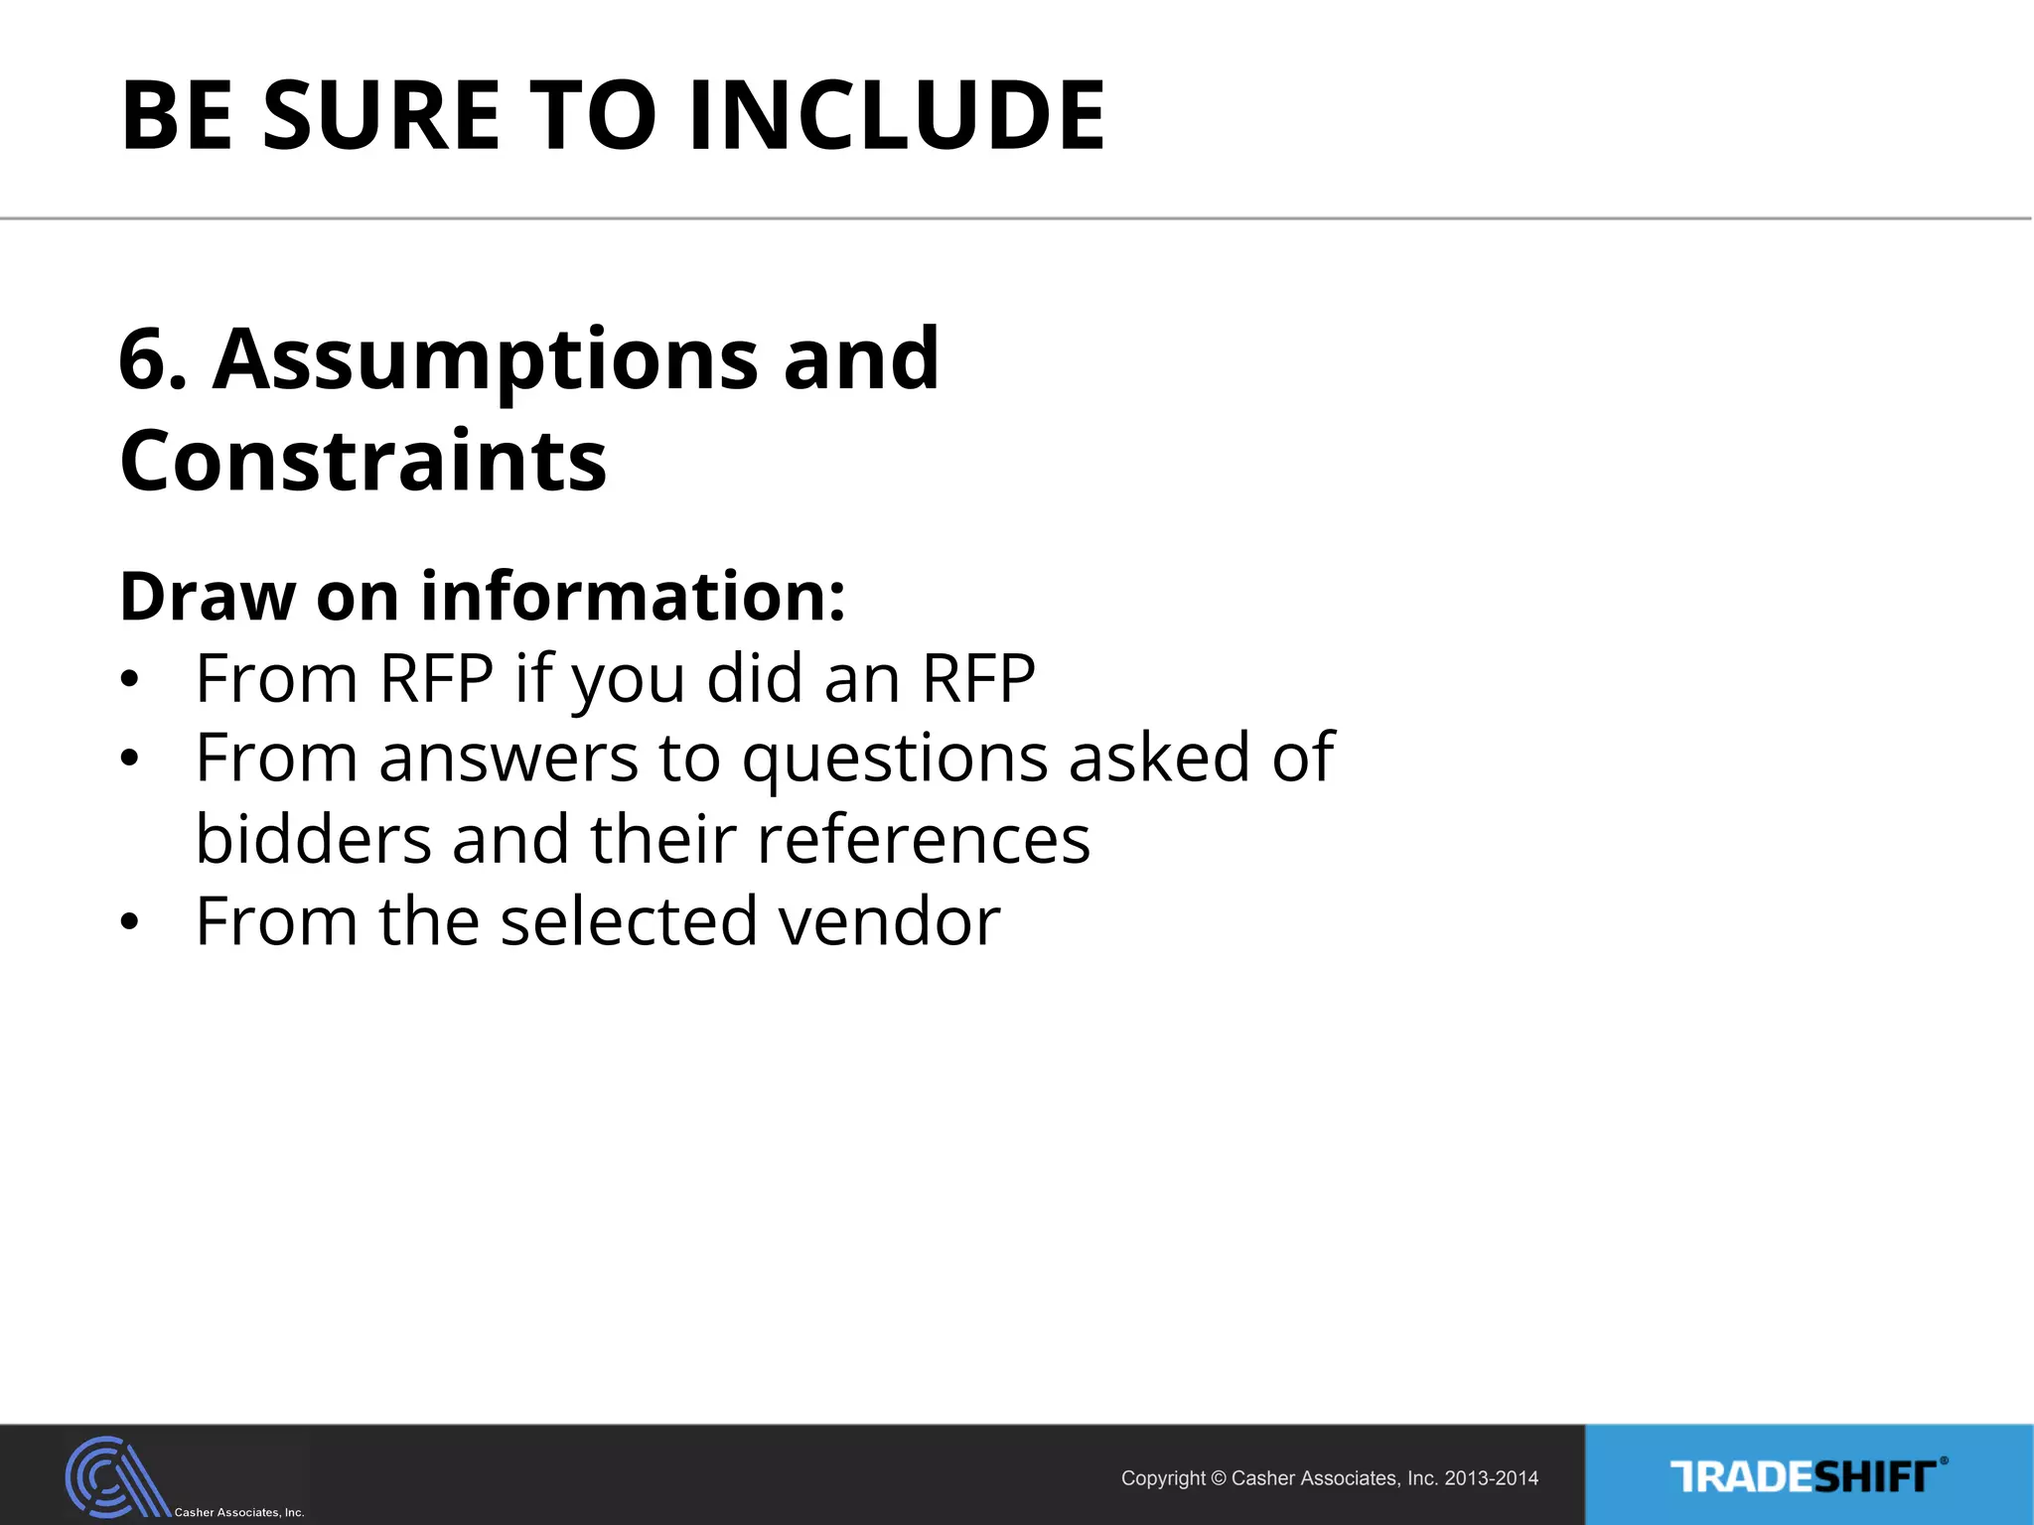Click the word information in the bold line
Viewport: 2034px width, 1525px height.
tap(633, 597)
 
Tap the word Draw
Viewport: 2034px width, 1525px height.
tap(207, 597)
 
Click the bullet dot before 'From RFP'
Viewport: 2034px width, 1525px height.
tap(128, 680)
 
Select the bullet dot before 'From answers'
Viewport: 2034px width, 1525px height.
tap(128, 760)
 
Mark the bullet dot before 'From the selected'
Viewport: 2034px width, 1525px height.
tap(128, 922)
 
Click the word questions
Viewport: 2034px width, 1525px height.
tap(895, 761)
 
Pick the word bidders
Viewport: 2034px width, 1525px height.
tap(313, 840)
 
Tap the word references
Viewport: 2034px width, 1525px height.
tap(924, 840)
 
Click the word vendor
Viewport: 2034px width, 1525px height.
tap(890, 921)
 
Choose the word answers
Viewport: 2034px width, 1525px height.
tap(508, 760)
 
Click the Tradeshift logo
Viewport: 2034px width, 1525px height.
tap(1808, 1476)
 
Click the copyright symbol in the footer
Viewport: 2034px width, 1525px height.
tap(1220, 1478)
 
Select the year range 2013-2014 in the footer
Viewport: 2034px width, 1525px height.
tap(1491, 1478)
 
